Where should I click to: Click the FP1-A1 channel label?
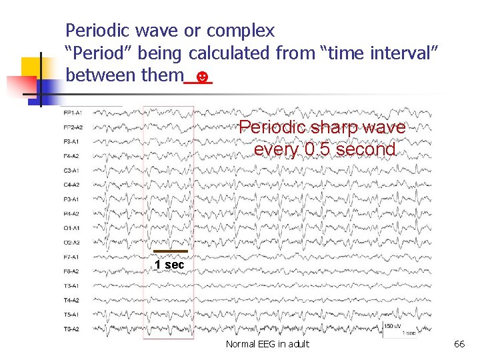click(71, 112)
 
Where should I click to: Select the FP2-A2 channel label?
click(71, 127)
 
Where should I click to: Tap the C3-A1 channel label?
click(71, 170)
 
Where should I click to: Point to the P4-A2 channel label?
click(71, 214)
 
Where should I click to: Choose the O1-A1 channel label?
click(71, 228)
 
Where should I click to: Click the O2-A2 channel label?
click(71, 243)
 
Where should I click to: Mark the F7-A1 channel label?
click(71, 257)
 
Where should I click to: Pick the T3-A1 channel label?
click(71, 285)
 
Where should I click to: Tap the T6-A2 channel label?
click(71, 329)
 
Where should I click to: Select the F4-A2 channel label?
click(71, 156)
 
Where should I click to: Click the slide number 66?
click(459, 344)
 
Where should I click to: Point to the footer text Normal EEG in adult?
click(267, 344)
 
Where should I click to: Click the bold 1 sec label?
click(169, 265)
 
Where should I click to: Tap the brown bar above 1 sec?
click(170, 251)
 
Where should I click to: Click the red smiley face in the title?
click(205, 77)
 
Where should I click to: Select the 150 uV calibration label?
click(393, 325)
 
